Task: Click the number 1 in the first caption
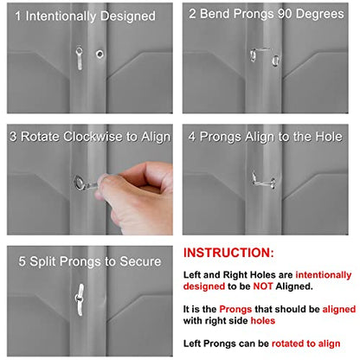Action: pyautogui.click(x=18, y=16)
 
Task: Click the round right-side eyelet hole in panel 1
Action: pyautogui.click(x=100, y=54)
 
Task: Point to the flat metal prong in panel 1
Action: pyautogui.click(x=79, y=58)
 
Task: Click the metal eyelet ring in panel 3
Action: pyautogui.click(x=79, y=182)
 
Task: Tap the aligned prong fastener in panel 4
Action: pyautogui.click(x=263, y=181)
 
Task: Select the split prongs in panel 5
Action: pyautogui.click(x=80, y=299)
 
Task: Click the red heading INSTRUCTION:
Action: pyautogui.click(x=228, y=253)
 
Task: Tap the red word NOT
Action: pyautogui.click(x=263, y=286)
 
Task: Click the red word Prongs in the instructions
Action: pyautogui.click(x=235, y=309)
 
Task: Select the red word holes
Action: pyautogui.click(x=263, y=320)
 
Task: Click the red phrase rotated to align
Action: pyautogui.click(x=305, y=344)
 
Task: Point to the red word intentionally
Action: pyautogui.click(x=324, y=275)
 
